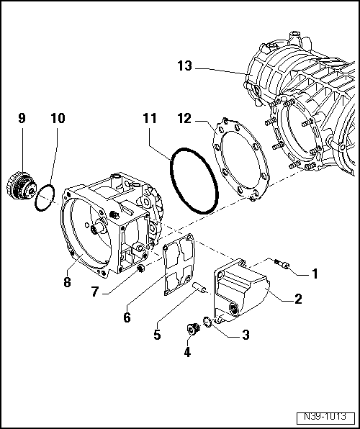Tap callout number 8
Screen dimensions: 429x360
coord(66,283)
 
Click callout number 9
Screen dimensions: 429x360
coord(22,117)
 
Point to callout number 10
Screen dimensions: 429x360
coord(56,117)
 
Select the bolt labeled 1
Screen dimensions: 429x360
coord(283,265)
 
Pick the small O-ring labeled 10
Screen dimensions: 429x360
coord(45,196)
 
